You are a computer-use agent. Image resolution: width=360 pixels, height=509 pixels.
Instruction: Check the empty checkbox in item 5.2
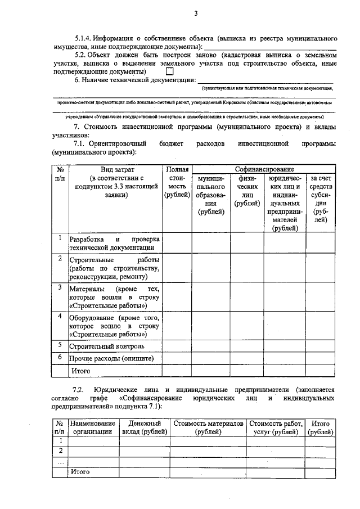[169, 72]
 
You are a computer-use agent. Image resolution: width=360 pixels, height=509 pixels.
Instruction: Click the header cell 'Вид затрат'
[115, 169]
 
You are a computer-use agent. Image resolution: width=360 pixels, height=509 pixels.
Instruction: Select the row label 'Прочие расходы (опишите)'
[111, 358]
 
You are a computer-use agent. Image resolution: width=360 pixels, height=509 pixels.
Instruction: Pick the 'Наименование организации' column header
[93, 427]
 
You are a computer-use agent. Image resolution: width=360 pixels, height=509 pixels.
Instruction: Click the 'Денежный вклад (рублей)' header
[145, 427]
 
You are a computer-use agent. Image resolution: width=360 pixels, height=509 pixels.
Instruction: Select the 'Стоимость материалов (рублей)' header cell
[208, 427]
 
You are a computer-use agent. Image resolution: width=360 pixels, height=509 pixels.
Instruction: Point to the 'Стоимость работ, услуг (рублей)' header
[276, 427]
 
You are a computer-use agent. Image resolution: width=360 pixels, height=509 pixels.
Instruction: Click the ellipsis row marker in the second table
[59, 462]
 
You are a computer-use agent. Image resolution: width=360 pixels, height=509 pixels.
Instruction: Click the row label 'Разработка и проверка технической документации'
[114, 243]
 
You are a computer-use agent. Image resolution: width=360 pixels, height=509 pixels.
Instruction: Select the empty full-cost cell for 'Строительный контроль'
[177, 346]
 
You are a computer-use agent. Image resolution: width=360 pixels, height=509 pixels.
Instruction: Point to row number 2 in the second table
[59, 451]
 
